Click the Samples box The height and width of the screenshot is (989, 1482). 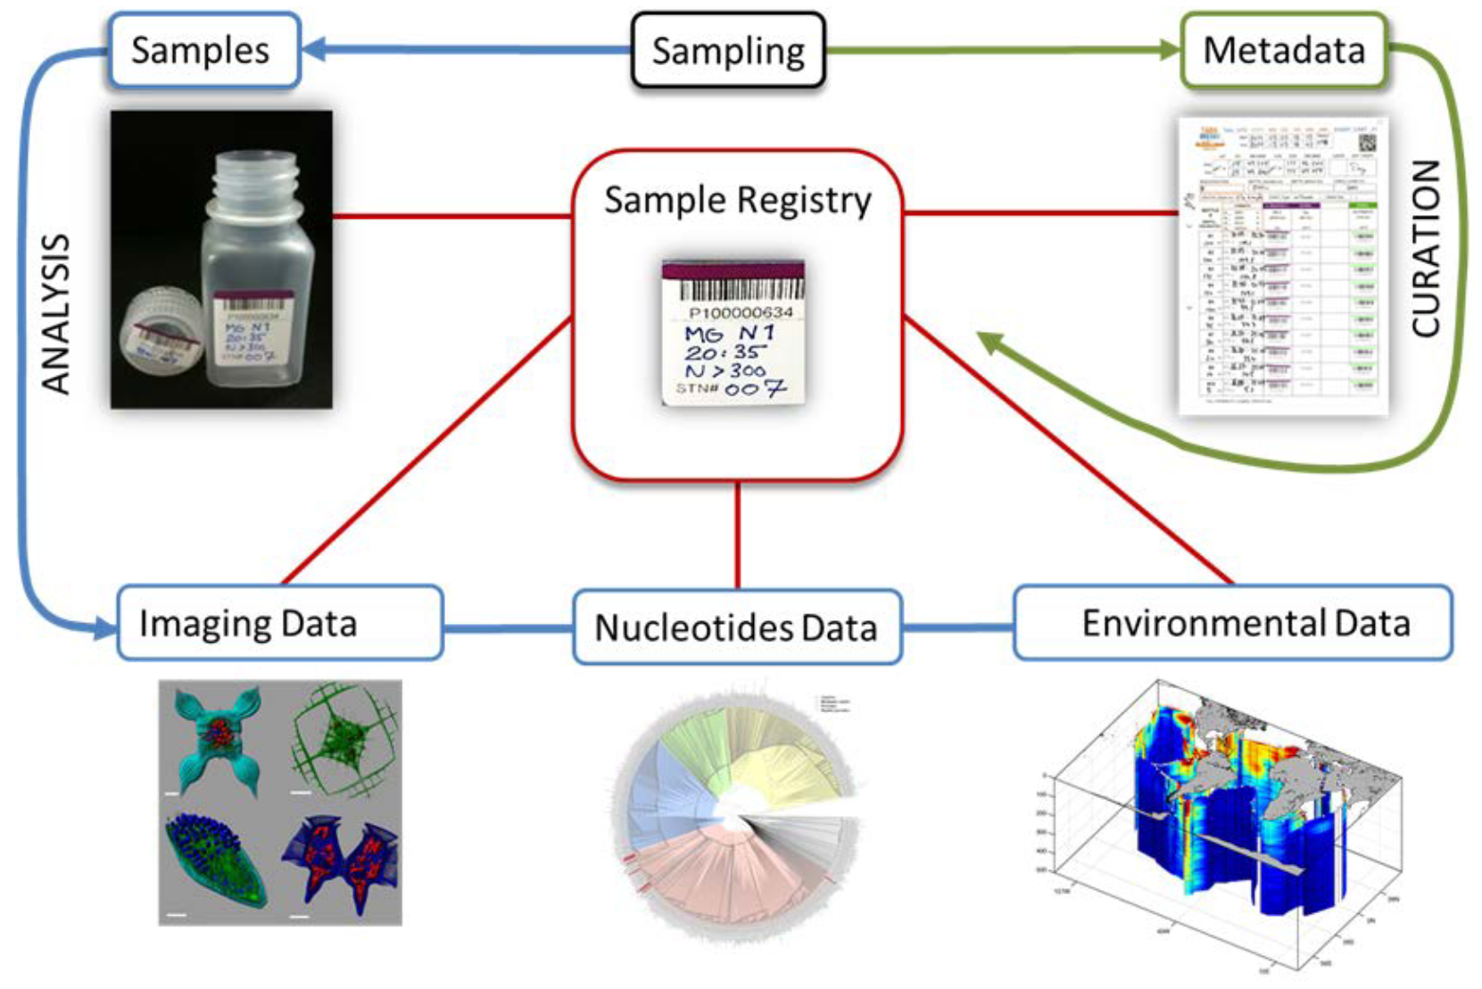coord(203,50)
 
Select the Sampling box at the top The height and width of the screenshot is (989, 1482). coord(728,50)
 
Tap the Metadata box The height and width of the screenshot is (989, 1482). coord(1283,50)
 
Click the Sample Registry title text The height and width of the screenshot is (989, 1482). coord(737,200)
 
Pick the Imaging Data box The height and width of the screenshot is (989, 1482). coord(279,623)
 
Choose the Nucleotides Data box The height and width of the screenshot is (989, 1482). coord(736,627)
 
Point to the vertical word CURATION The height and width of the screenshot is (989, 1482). coord(1426,248)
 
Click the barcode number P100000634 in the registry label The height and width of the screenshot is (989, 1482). coord(741,312)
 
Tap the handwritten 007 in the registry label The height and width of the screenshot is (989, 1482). coord(755,388)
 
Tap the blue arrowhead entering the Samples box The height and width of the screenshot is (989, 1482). coord(312,49)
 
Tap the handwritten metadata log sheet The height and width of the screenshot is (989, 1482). coord(1283,266)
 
